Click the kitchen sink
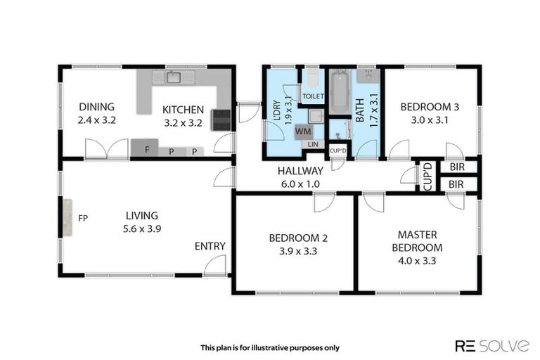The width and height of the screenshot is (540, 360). coord(174,77)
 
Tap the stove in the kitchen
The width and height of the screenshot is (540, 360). coord(221,120)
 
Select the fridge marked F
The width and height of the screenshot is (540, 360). coord(145,148)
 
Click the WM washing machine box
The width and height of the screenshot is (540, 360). coord(304,131)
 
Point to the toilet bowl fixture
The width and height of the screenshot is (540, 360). coord(313,78)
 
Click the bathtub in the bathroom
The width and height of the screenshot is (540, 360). coord(340,91)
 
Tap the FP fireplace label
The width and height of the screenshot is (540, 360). coord(83,218)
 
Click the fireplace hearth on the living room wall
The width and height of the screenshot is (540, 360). coord(67,218)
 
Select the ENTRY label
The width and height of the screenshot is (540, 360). coord(210,246)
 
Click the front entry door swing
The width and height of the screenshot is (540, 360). coord(215,266)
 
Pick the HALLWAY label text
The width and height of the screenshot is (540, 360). coord(300,171)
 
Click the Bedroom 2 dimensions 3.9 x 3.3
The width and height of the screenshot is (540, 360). coord(298,251)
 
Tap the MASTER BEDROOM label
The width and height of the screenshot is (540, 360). coord(417,241)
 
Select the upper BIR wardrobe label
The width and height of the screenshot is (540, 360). coord(457,167)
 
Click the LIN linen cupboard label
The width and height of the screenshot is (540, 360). coord(313,144)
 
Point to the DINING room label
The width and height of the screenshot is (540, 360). coord(97,107)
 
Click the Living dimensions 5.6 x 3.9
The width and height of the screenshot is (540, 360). coord(142,229)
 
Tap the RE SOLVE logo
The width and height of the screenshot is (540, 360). coord(492,345)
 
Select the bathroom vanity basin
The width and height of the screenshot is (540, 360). coord(368,76)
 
